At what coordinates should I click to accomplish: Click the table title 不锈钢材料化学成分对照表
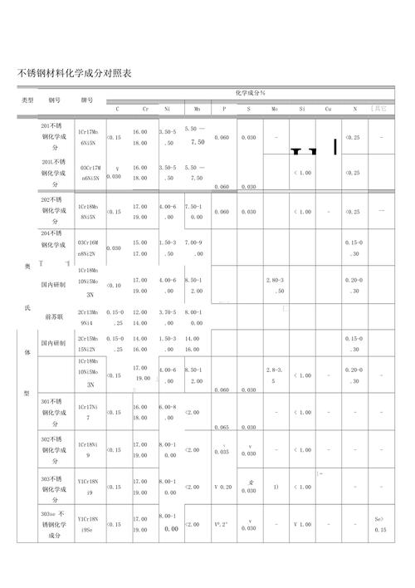coord(74,74)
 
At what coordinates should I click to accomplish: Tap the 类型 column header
coord(27,100)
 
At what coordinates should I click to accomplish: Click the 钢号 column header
coord(55,100)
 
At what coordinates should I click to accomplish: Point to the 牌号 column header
coord(87,100)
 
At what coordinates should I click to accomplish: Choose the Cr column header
coord(145,109)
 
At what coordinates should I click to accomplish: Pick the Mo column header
coord(274,109)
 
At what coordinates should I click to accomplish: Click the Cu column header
coord(329,109)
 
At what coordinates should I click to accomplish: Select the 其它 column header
coord(379,109)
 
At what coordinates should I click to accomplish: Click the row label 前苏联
coord(56,316)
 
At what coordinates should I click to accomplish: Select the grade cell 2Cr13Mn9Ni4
coord(88,316)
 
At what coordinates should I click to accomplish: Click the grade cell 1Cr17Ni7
coord(88,412)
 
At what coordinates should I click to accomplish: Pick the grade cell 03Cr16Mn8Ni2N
coord(88,247)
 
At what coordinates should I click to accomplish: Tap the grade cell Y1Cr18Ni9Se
coord(88,525)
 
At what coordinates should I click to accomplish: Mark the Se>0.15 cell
coord(380,525)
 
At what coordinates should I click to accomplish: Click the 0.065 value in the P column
coord(222,427)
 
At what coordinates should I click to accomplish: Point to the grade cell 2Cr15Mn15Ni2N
coord(88,344)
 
